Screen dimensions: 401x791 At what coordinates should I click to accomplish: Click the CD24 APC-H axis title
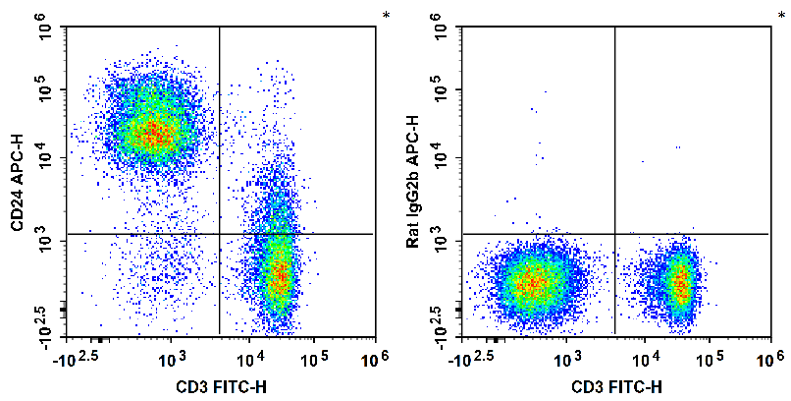(18, 182)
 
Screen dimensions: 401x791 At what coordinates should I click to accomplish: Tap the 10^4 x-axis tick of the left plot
(251, 354)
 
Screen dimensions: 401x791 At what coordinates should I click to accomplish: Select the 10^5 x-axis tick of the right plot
(709, 354)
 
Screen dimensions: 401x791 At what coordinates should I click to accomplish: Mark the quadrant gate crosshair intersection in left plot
(219, 234)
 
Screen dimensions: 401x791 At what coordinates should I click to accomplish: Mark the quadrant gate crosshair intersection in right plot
(614, 234)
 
